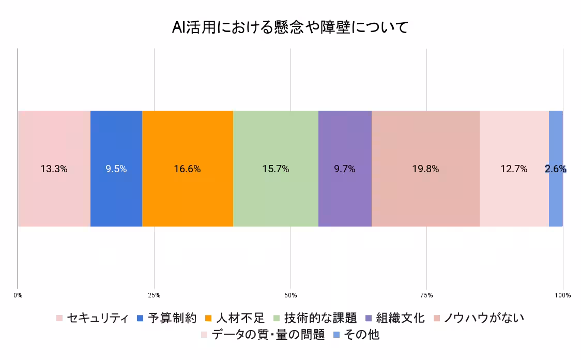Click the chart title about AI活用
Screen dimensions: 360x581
pos(290,27)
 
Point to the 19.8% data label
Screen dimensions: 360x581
pos(425,169)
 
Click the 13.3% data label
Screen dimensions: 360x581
pos(54,169)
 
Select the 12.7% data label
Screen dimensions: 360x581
pos(514,169)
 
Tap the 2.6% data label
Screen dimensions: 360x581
pos(556,169)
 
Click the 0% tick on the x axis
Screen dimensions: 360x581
pos(18,295)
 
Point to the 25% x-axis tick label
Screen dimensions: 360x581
pos(154,295)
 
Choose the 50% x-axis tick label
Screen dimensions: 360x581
pos(290,295)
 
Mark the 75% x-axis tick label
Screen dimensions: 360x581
pos(426,295)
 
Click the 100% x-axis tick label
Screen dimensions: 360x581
pos(562,295)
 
